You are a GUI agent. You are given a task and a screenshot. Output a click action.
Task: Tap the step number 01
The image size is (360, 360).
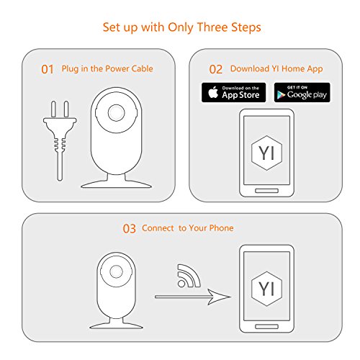[x=48, y=70]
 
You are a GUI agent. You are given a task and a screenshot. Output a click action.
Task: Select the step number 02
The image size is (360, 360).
[x=215, y=70]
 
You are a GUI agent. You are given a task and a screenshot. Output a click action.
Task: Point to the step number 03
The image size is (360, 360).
[x=129, y=228]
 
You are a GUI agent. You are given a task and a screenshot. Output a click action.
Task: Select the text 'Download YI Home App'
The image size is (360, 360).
[x=275, y=70]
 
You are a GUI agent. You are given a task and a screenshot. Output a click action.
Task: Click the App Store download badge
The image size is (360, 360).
[x=233, y=91]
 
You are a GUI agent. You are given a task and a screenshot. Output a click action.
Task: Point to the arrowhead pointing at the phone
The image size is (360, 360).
[x=224, y=297]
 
